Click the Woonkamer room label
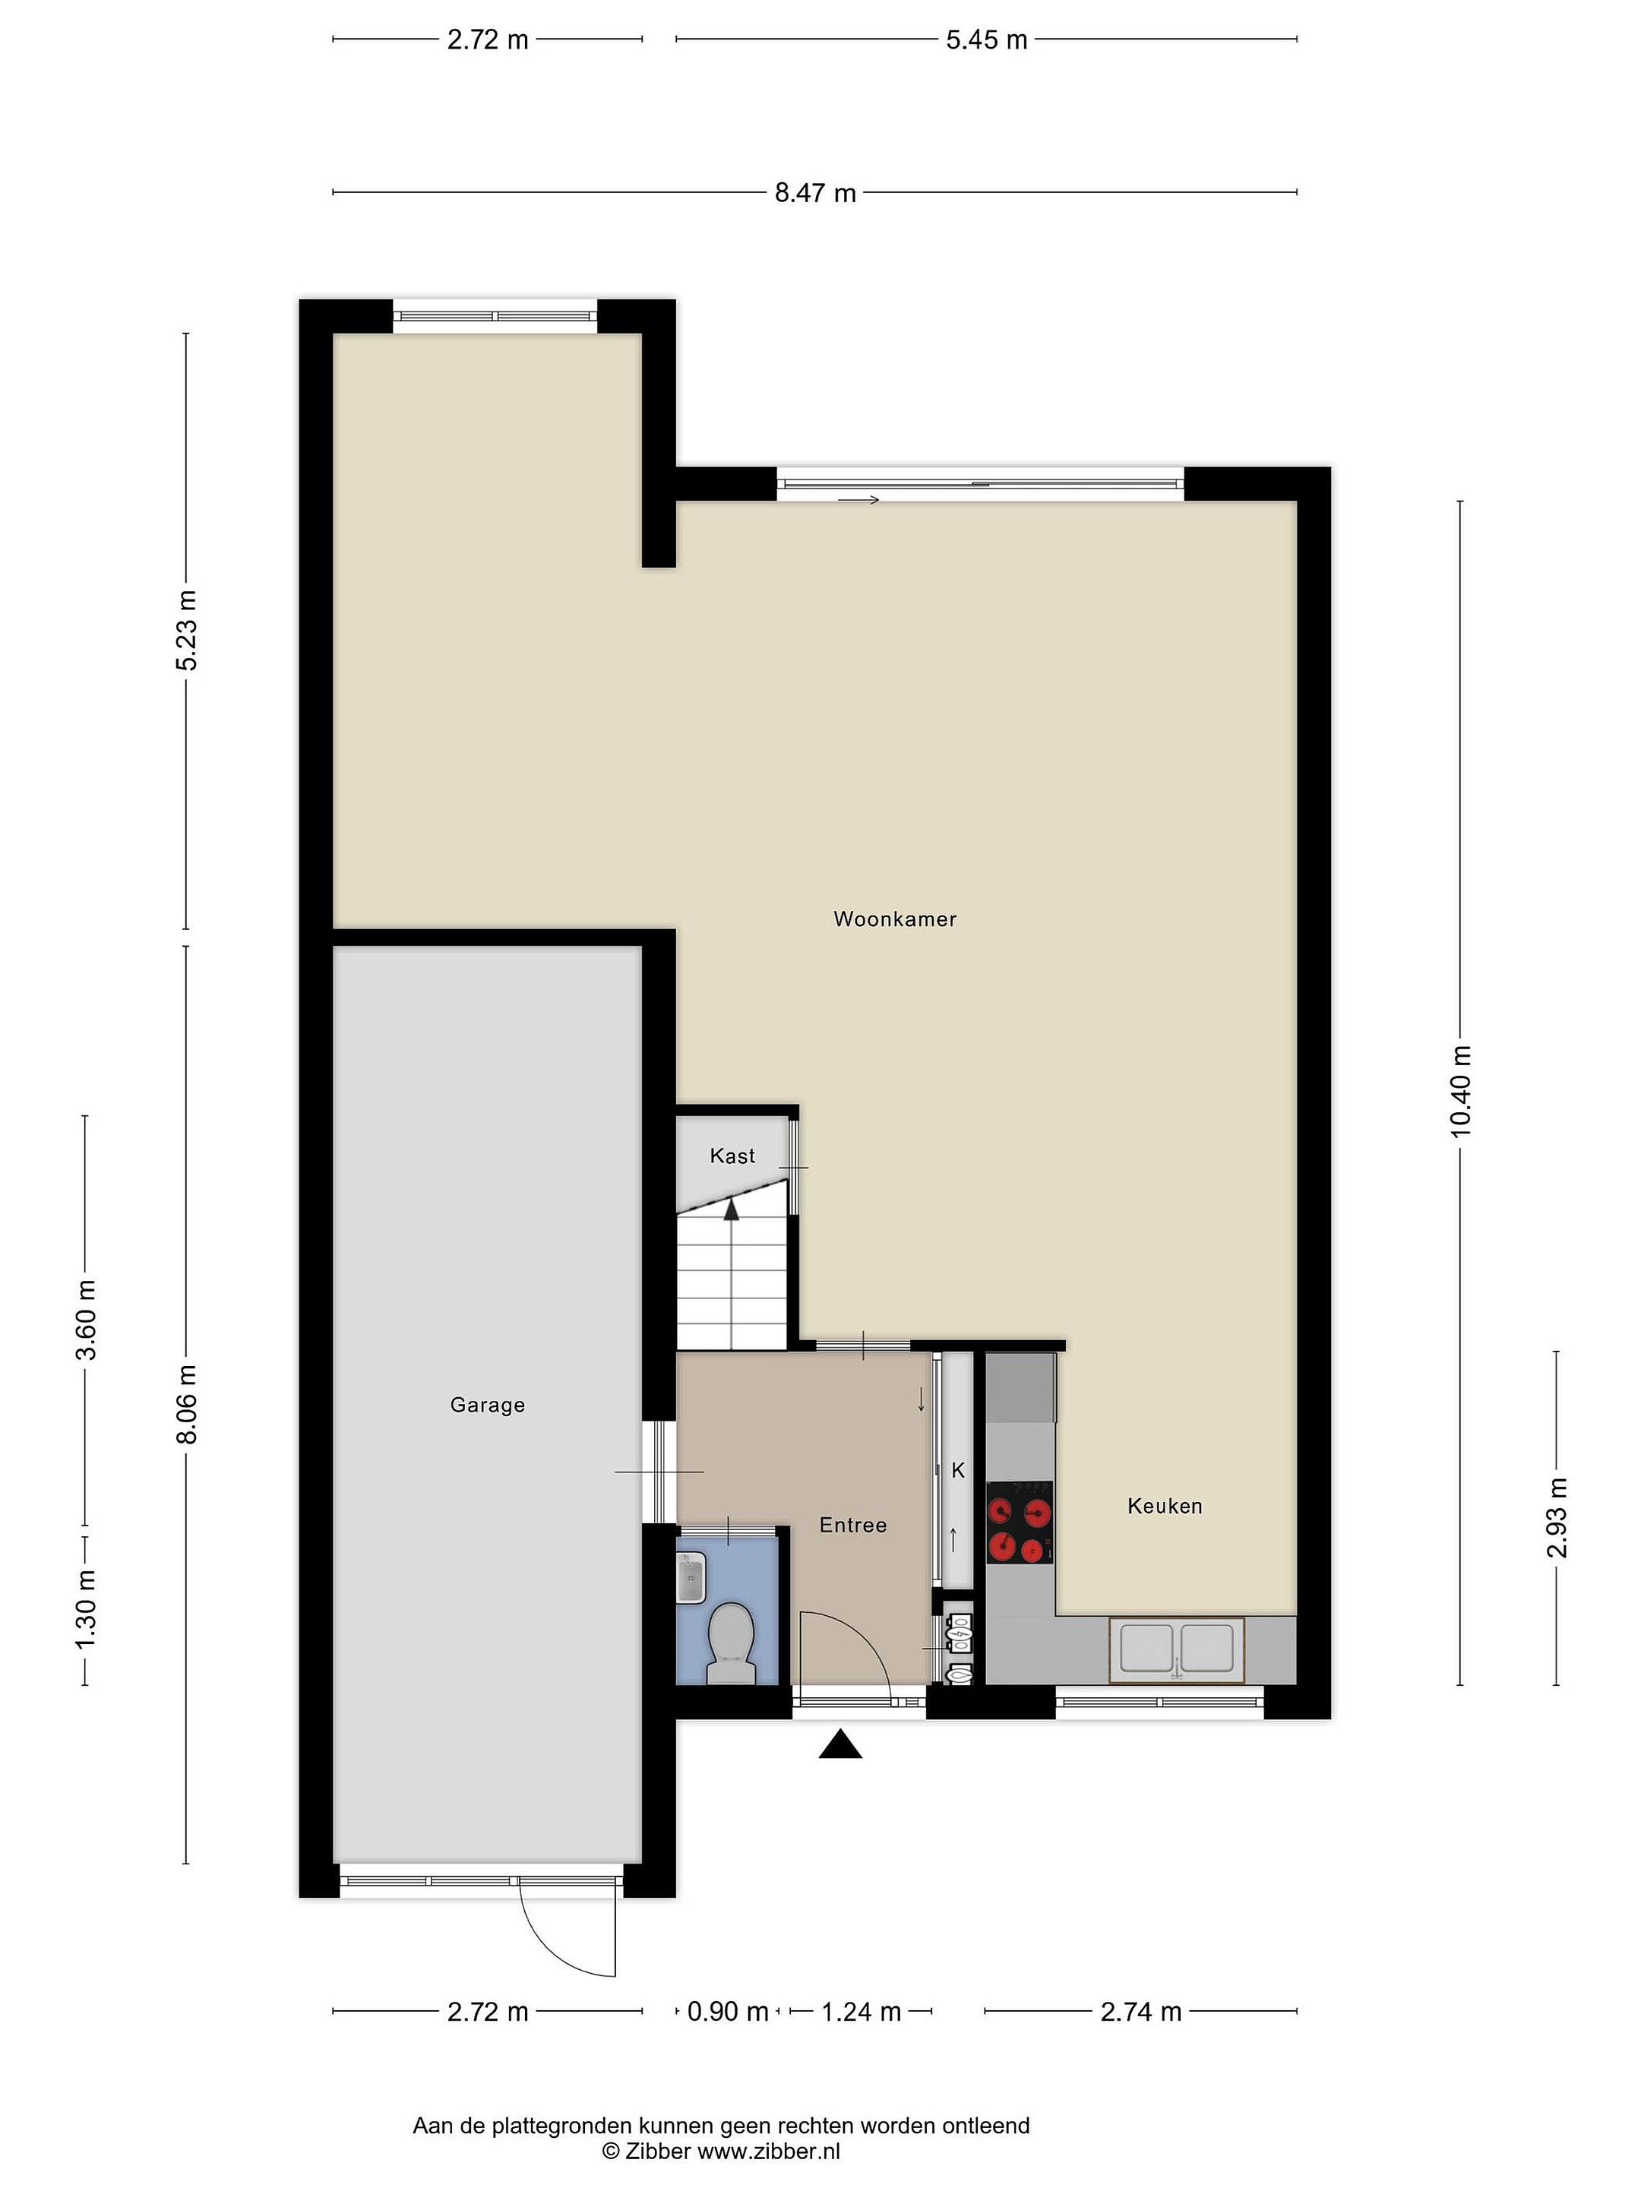(x=894, y=919)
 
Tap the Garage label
(x=487, y=1405)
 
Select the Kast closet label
(x=732, y=1156)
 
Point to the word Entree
(x=852, y=1526)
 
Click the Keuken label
(x=1164, y=1506)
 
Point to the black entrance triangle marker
(x=839, y=1744)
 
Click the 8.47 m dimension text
(x=815, y=193)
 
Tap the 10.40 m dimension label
(x=1461, y=1091)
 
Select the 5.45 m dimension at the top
(x=986, y=40)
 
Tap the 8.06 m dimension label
(x=186, y=1404)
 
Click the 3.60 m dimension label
(x=86, y=1320)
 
